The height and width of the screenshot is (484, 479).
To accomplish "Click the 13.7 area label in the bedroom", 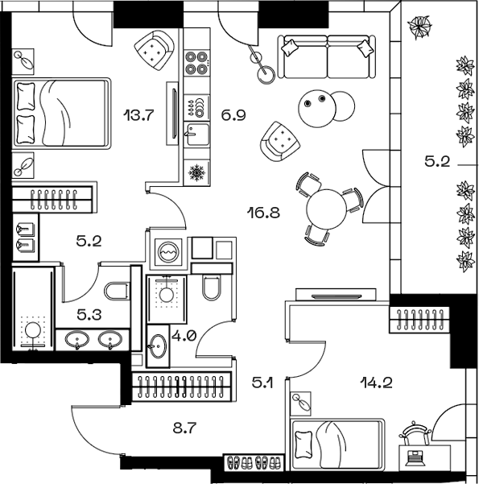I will coord(138,115).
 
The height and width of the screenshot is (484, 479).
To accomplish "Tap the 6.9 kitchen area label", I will coord(233,115).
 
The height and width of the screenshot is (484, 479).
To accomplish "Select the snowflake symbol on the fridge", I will coord(195,172).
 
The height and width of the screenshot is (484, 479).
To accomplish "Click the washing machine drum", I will coord(170,252).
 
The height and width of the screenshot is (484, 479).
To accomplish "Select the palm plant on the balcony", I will coord(420,28).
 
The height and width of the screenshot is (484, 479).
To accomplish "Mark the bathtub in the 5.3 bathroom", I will coord(33,314).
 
